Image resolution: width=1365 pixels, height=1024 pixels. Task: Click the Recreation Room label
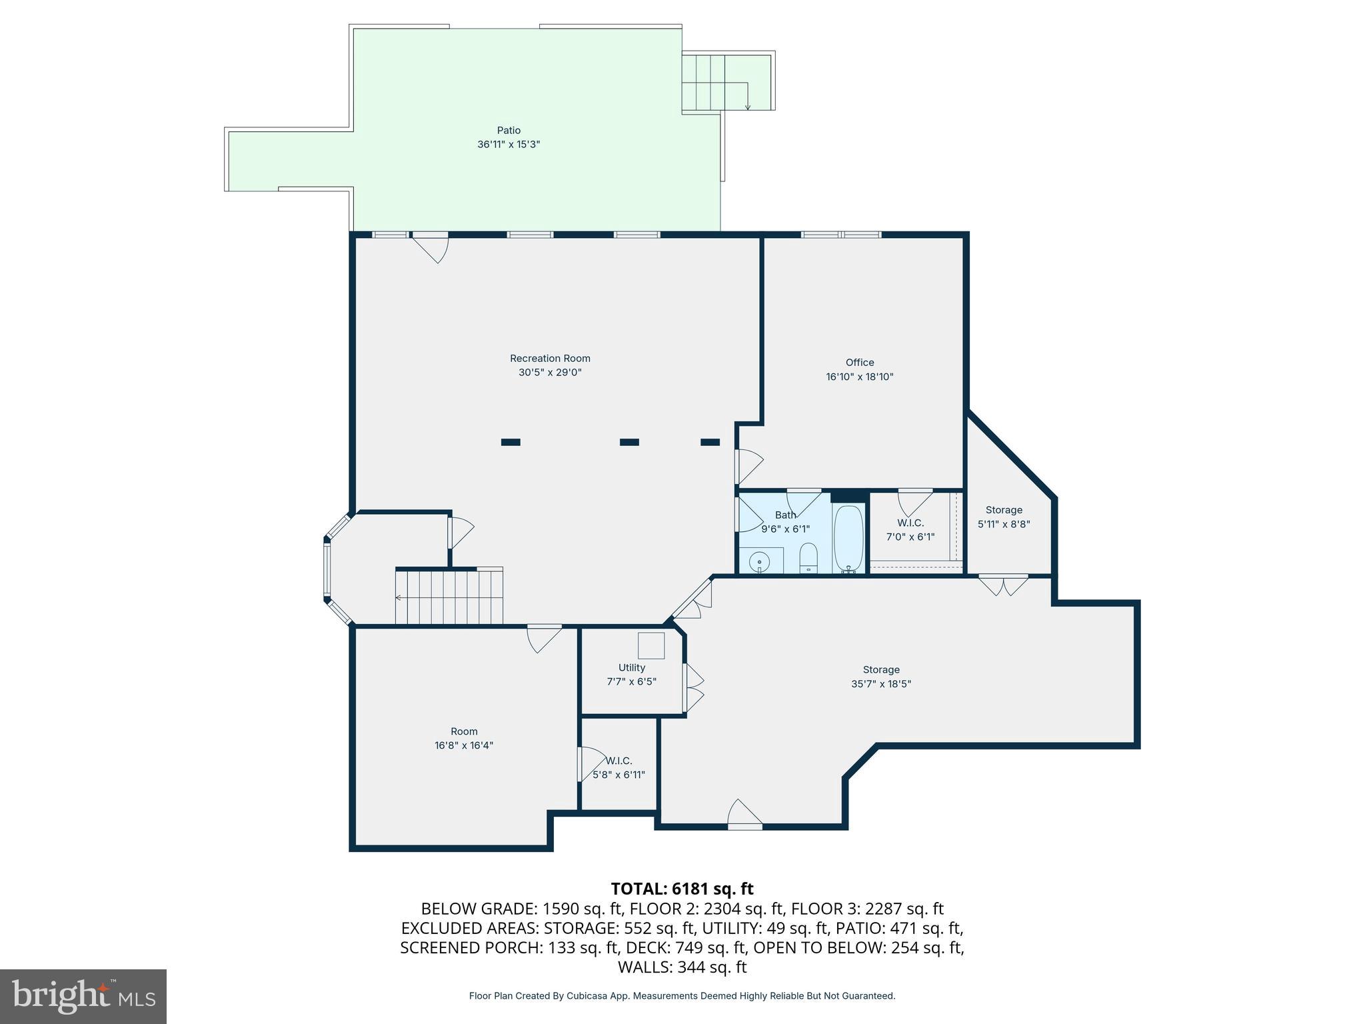[550, 359]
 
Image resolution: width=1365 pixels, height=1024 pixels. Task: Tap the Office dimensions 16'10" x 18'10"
[859, 377]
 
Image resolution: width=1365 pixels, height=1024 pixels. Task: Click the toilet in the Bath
[808, 557]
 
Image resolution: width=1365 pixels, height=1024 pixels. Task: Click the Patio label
[509, 131]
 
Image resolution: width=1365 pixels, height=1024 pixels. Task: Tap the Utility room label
[631, 668]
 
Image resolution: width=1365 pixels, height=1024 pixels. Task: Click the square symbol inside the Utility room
[651, 645]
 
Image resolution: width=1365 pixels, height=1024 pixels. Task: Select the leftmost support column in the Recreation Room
[511, 442]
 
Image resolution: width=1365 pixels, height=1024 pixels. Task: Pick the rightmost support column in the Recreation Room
[710, 442]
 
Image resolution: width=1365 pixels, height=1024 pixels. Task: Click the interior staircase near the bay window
[449, 597]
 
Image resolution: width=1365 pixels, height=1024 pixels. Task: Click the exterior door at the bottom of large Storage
[744, 815]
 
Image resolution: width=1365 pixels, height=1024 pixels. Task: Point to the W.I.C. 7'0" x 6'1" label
[910, 523]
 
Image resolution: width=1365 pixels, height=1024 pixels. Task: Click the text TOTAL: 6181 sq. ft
[682, 889]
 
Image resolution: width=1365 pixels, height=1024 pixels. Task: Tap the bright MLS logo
[83, 996]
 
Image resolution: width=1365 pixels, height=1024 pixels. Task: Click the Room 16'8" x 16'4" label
[464, 731]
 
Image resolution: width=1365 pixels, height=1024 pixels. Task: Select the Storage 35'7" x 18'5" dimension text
[881, 684]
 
